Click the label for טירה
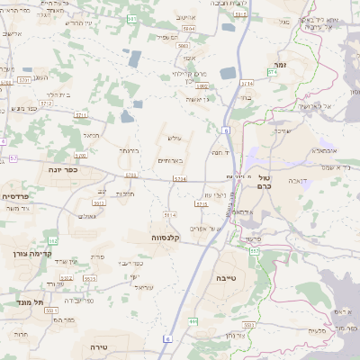[99, 346]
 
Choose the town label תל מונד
[18, 302]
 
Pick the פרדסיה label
[16, 195]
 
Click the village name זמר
[282, 66]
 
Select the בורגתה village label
[129, 151]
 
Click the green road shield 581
[132, 19]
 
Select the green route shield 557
[255, 250]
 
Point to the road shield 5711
[81, 116]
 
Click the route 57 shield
[13, 158]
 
